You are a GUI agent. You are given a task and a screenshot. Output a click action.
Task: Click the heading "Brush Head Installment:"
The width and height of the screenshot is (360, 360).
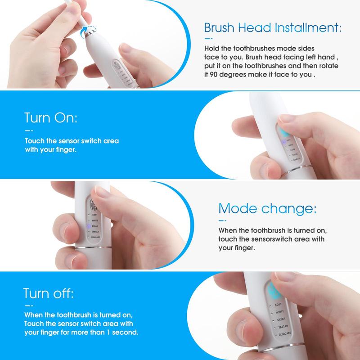coord(272,28)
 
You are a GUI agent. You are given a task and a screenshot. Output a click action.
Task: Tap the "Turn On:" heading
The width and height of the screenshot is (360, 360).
coord(51,119)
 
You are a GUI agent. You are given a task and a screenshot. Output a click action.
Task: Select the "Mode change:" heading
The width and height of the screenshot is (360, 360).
coord(267,209)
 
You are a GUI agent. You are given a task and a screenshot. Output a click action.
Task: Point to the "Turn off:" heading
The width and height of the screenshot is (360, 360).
coord(49,294)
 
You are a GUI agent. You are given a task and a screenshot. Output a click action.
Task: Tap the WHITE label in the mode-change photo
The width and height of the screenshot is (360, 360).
coord(95,220)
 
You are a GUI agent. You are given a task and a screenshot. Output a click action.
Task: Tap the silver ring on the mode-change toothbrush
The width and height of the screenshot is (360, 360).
coord(93,248)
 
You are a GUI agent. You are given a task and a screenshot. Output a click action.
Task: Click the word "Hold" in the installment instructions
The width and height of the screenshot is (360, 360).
coord(212,48)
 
